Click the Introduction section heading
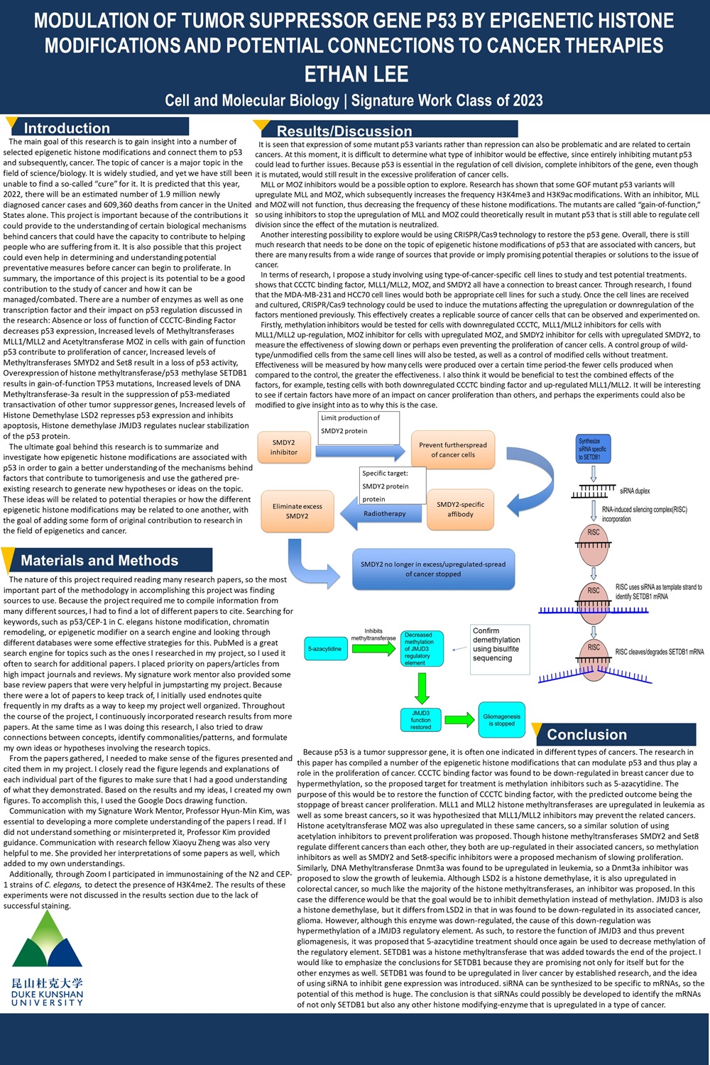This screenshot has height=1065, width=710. coord(67,128)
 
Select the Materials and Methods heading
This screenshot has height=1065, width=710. coord(99,560)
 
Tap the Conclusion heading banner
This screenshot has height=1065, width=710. coord(586,734)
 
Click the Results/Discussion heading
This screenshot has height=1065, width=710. coord(344,131)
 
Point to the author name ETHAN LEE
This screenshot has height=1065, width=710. coord(356,74)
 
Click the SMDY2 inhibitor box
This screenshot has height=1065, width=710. coord(283,447)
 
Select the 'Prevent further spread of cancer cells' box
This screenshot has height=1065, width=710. coord(452,449)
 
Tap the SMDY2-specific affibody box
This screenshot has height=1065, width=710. coord(460,509)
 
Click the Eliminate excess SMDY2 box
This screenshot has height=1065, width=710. coord(297,511)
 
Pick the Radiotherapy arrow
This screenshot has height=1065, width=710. coord(383,513)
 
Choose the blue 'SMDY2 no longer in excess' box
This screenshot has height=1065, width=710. coord(433,569)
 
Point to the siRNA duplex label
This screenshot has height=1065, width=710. coord(634,491)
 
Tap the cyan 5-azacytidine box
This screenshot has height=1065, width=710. coord(324,648)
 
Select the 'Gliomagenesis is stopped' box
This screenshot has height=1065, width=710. coord(501,720)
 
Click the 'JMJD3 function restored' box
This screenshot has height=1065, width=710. coord(420,720)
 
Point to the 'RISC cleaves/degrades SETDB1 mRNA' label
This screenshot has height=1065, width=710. coord(659,652)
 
